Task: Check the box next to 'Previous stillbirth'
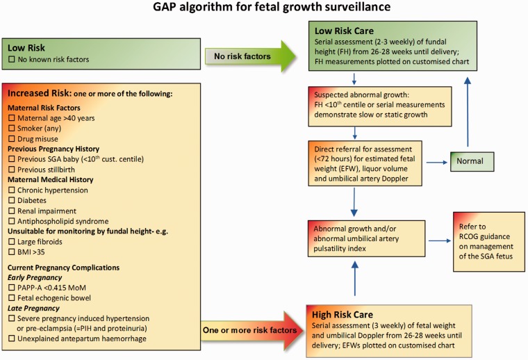coord(12,170)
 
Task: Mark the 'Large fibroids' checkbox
coord(12,243)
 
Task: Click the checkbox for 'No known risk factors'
coord(12,60)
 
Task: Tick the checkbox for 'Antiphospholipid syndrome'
coord(12,222)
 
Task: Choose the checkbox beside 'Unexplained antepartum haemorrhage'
coord(12,338)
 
